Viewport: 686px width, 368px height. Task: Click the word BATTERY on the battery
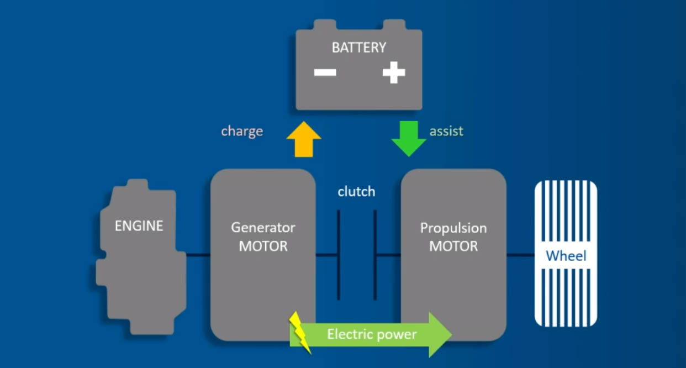click(358, 48)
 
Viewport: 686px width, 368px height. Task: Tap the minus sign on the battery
click(325, 72)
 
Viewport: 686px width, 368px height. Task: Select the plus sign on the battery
click(393, 72)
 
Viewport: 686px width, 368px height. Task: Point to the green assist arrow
click(409, 138)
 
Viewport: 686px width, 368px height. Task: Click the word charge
click(242, 132)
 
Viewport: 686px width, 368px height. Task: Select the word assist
click(446, 132)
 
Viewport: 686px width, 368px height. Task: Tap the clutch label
click(356, 192)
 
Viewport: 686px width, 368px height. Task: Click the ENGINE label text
click(139, 225)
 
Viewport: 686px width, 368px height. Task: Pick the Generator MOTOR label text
click(263, 237)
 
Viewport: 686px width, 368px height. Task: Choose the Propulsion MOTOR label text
click(453, 237)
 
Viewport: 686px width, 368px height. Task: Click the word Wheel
click(566, 256)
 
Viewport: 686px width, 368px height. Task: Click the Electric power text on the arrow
click(372, 334)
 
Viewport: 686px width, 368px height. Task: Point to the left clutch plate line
click(339, 255)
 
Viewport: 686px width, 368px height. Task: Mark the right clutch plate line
click(375, 255)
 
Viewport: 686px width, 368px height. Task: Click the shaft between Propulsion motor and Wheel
click(520, 255)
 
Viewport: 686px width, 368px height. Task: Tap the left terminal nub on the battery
click(325, 25)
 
